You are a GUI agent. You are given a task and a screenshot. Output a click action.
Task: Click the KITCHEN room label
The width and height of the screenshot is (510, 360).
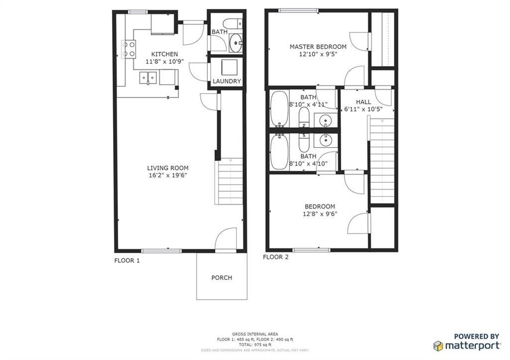click(x=164, y=54)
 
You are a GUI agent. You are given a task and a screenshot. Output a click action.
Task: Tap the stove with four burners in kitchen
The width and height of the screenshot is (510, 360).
click(x=128, y=49)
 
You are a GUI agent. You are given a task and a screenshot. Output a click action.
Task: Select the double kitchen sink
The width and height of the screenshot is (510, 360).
click(x=148, y=78)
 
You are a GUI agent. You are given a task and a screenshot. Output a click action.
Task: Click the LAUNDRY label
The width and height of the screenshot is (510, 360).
click(x=227, y=81)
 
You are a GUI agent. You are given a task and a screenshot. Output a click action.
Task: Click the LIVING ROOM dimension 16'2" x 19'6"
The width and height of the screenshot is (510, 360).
click(x=167, y=175)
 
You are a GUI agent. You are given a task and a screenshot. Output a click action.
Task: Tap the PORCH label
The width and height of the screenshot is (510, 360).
click(x=222, y=277)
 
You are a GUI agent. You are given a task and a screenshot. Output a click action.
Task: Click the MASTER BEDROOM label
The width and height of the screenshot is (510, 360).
click(x=318, y=47)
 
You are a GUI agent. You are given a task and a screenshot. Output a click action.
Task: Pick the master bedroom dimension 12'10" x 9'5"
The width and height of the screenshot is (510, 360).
click(x=318, y=54)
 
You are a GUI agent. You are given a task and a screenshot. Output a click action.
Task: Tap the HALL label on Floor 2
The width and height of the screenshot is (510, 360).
click(x=363, y=102)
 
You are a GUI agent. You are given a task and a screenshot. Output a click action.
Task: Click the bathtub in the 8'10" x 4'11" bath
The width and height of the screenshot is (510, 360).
click(x=279, y=108)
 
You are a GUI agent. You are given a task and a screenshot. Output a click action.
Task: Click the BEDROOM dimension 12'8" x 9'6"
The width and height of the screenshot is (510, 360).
click(x=320, y=214)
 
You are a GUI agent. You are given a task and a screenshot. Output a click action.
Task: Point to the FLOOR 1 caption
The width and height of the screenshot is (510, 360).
click(x=127, y=260)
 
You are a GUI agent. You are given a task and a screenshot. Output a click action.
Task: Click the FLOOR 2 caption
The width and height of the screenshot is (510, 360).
click(x=275, y=257)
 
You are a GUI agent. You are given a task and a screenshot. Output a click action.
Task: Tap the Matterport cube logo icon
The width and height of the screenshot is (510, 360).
click(x=438, y=346)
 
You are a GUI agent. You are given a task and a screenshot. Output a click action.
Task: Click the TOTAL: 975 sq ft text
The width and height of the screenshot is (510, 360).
click(x=255, y=345)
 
